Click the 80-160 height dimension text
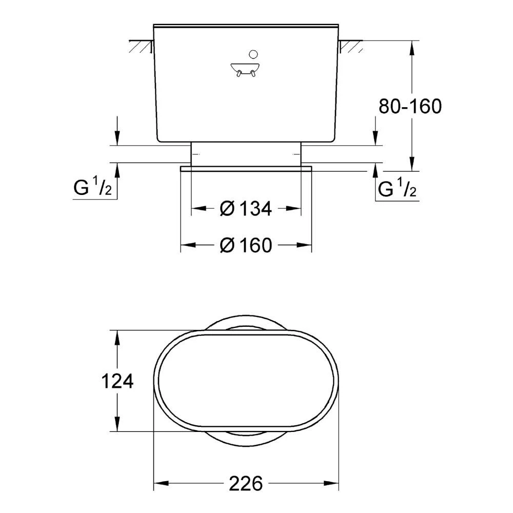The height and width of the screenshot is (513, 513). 410,106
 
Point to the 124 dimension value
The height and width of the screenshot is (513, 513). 117,381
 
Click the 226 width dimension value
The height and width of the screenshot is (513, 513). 246,483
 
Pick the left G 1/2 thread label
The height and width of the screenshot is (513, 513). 93,189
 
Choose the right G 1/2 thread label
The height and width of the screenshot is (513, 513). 397,189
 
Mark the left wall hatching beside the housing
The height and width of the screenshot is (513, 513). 140,47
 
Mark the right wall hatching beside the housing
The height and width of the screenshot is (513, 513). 353,47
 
